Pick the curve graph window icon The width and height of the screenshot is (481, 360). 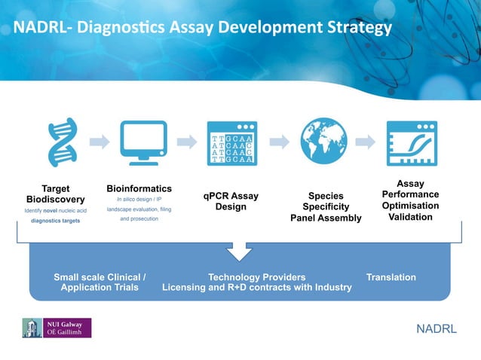pyautogui.click(x=412, y=142)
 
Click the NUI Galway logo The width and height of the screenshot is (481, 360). pyautogui.click(x=57, y=328)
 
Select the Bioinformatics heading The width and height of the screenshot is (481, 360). pyautogui.click(x=139, y=188)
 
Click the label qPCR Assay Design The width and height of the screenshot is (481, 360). pyautogui.click(x=231, y=201)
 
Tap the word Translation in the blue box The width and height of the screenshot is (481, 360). pyautogui.click(x=391, y=277)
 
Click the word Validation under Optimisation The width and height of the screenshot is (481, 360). pyautogui.click(x=410, y=217)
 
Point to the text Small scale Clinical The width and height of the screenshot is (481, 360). pyautogui.click(x=100, y=277)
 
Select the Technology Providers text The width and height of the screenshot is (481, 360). pyautogui.click(x=256, y=277)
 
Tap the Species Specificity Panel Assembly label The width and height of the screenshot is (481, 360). pyautogui.click(x=326, y=207)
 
